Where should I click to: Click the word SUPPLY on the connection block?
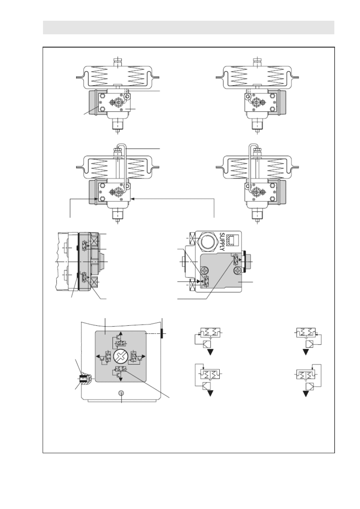222,242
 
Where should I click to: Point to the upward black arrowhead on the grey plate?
121,333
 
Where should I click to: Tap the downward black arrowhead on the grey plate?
121,379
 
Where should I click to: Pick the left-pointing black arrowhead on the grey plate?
98,356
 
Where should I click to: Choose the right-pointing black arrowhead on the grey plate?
143,356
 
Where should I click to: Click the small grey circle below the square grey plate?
121,393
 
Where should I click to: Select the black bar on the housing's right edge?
162,333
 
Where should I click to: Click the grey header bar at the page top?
189,28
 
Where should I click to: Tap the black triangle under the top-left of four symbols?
210,352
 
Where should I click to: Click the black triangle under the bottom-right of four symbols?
306,394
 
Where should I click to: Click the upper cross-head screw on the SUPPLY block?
204,270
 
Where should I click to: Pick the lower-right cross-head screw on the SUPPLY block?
237,270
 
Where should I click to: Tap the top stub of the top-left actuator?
118,61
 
